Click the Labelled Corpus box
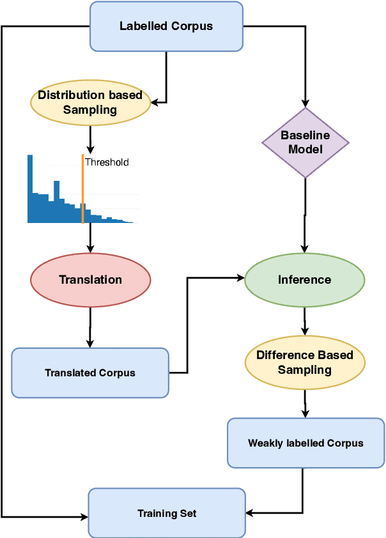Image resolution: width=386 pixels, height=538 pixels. coord(166,26)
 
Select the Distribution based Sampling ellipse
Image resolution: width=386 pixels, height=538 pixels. coord(90,102)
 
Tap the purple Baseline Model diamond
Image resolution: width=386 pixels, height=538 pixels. coord(305,142)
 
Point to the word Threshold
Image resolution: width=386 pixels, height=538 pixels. coord(107,162)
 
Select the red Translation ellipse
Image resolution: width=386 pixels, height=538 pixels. coord(90,280)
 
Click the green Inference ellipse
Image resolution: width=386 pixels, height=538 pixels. coord(305,280)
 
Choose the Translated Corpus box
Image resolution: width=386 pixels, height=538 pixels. coord(90,373)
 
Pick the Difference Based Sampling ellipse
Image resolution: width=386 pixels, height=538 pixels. coord(305,362)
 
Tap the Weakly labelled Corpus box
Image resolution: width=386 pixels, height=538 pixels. coord(305,443)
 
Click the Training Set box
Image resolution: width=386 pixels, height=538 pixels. coord(167,513)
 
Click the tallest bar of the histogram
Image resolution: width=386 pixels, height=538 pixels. coord(30,188)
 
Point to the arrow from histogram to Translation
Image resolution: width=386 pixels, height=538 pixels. coord(90,238)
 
